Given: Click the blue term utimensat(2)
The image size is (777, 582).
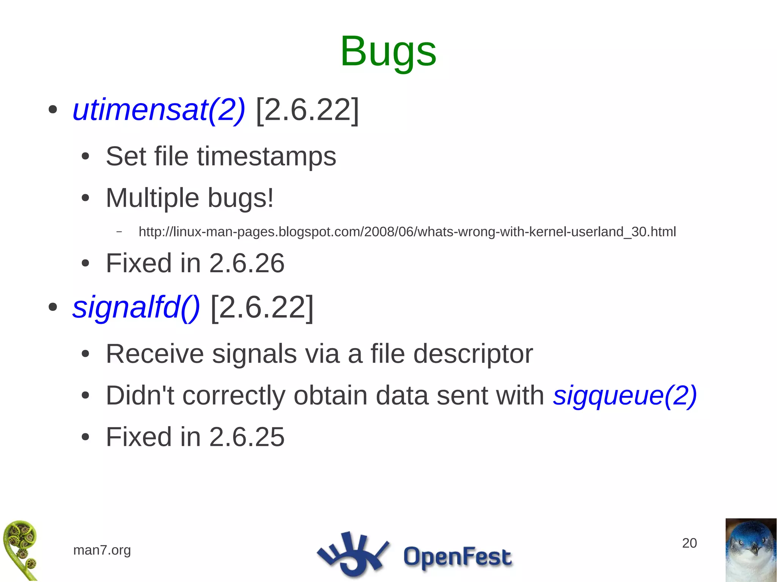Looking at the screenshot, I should pyautogui.click(x=159, y=110).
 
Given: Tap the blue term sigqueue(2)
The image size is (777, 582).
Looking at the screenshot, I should pyautogui.click(x=624, y=395).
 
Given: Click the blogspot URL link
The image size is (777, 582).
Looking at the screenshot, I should pyautogui.click(x=407, y=232).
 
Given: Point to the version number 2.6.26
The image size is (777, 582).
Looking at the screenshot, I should pyautogui.click(x=247, y=263).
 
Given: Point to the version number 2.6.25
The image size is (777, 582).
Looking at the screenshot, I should pyautogui.click(x=247, y=437).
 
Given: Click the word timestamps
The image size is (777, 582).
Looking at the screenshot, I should pyautogui.click(x=266, y=156).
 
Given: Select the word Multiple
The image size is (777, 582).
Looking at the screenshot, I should pyautogui.click(x=152, y=198).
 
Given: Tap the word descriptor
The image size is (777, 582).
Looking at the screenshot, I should pyautogui.click(x=473, y=354).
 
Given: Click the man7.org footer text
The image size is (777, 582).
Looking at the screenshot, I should pyautogui.click(x=102, y=550).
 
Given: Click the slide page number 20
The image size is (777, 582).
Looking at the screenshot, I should pyautogui.click(x=689, y=543).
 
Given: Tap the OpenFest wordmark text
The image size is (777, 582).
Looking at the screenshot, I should pyautogui.click(x=457, y=557).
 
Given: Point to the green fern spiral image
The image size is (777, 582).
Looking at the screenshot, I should pyautogui.click(x=20, y=550).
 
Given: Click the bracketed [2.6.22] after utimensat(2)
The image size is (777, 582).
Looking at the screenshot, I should pyautogui.click(x=307, y=110).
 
